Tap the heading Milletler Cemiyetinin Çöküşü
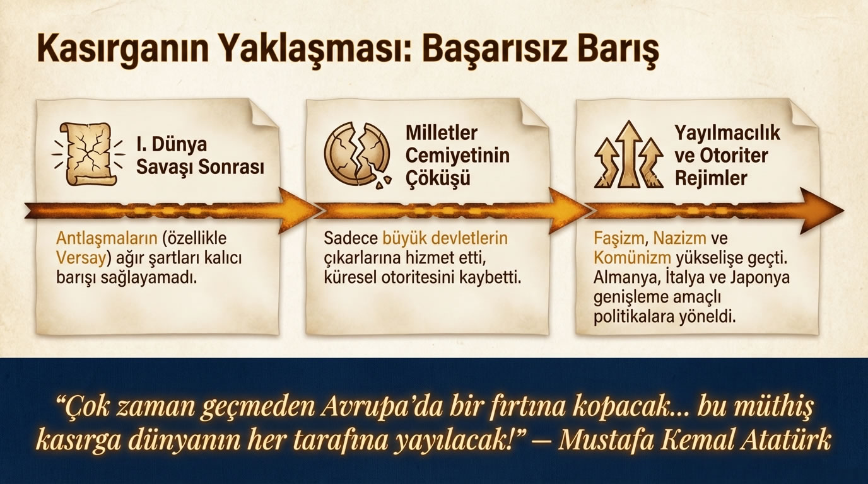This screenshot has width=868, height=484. click(457, 156)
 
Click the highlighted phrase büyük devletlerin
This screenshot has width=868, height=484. click(445, 239)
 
